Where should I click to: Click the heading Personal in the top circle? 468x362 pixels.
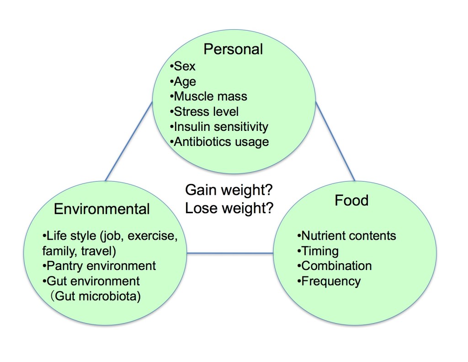click(233, 49)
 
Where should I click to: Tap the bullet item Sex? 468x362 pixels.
click(182, 66)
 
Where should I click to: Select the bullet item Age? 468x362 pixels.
click(183, 81)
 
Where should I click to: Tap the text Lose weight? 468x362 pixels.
click(229, 208)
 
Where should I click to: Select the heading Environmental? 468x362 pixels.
click(102, 209)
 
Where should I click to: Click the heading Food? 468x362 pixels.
click(351, 200)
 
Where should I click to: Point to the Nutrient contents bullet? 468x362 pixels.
click(346, 236)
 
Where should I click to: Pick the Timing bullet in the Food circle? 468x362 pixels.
click(318, 251)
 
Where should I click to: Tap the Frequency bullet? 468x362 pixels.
click(329, 281)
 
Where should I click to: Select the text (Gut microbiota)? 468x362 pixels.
click(96, 296)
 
